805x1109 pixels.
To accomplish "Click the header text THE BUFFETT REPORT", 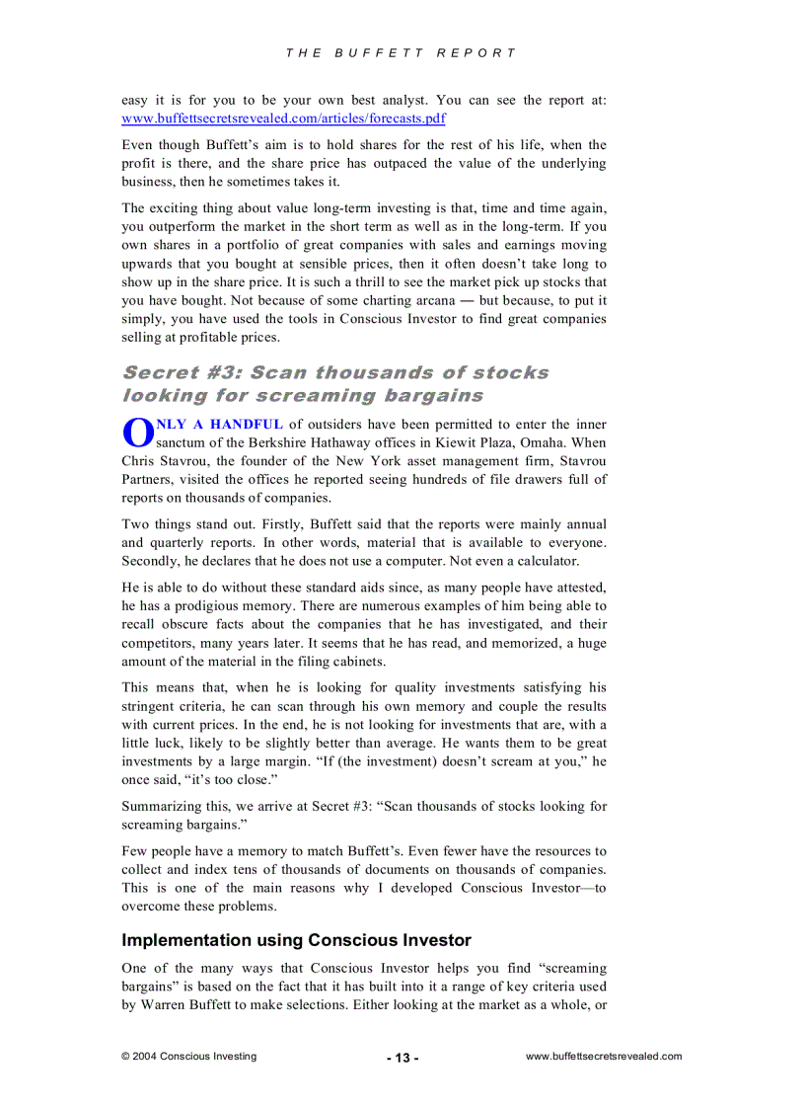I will point(402,53).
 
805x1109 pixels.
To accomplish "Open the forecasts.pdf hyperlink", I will point(283,119).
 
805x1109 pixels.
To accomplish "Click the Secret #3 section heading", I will point(335,384).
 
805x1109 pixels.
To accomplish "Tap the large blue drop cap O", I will point(137,434).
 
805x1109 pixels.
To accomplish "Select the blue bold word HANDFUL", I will point(247,425).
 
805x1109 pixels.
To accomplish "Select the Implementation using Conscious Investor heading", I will point(296,940).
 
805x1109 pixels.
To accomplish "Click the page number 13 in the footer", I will point(402,1058).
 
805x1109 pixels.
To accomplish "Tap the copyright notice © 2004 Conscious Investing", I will point(188,1056).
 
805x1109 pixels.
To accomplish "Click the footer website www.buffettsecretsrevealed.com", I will point(604,1056).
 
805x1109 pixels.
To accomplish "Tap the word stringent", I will point(151,707).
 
